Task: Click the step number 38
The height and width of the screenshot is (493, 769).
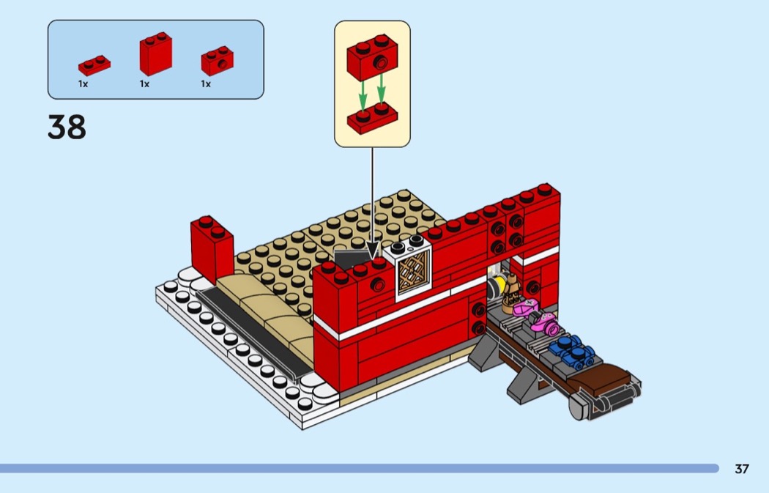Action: pos(67,127)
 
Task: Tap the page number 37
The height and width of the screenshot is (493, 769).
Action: pos(741,469)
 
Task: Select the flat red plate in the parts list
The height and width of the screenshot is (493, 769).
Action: pos(94,64)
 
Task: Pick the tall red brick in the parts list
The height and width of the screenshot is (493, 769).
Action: pos(155,53)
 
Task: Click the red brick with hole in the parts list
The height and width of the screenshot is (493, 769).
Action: pos(218,60)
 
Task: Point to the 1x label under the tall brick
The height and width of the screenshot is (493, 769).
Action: pos(144,84)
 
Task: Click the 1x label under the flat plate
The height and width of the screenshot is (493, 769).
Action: pos(83,84)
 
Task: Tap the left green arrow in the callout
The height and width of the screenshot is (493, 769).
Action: pos(363,94)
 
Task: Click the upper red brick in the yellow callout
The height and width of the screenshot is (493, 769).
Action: pos(372,57)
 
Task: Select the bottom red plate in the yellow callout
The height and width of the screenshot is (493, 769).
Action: pos(372,118)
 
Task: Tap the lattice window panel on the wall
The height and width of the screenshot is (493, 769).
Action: pos(414,273)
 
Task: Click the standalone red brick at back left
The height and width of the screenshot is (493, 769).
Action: pos(212,249)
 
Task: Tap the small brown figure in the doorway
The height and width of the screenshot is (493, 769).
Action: pos(511,293)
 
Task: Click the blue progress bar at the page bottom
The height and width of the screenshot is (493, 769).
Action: pos(359,469)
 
